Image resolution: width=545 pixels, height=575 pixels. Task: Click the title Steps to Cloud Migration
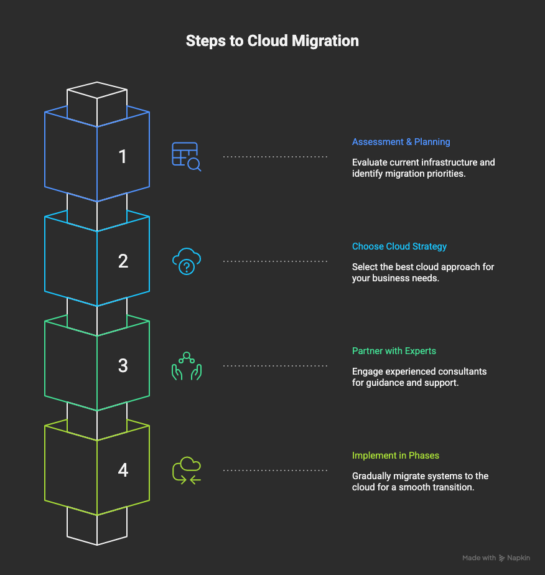(272, 42)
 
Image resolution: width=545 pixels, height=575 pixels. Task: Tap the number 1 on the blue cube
(123, 156)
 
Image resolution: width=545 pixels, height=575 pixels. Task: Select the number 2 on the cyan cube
(123, 261)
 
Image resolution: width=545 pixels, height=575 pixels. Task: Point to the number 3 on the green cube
(123, 365)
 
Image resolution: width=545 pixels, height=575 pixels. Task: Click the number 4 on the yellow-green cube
(123, 470)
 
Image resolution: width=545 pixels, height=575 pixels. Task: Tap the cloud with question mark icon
(187, 261)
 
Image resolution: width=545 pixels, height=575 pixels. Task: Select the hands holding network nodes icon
(187, 366)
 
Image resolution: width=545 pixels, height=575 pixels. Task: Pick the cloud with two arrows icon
(187, 470)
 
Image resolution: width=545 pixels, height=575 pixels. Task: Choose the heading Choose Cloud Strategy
(399, 246)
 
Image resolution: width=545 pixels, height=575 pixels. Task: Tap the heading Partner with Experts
(394, 351)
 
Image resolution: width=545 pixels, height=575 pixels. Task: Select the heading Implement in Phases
(396, 456)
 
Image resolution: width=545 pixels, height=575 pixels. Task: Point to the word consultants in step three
(462, 372)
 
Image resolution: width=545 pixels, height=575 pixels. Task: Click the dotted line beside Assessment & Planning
(275, 157)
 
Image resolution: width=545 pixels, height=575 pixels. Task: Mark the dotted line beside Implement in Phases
(275, 470)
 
